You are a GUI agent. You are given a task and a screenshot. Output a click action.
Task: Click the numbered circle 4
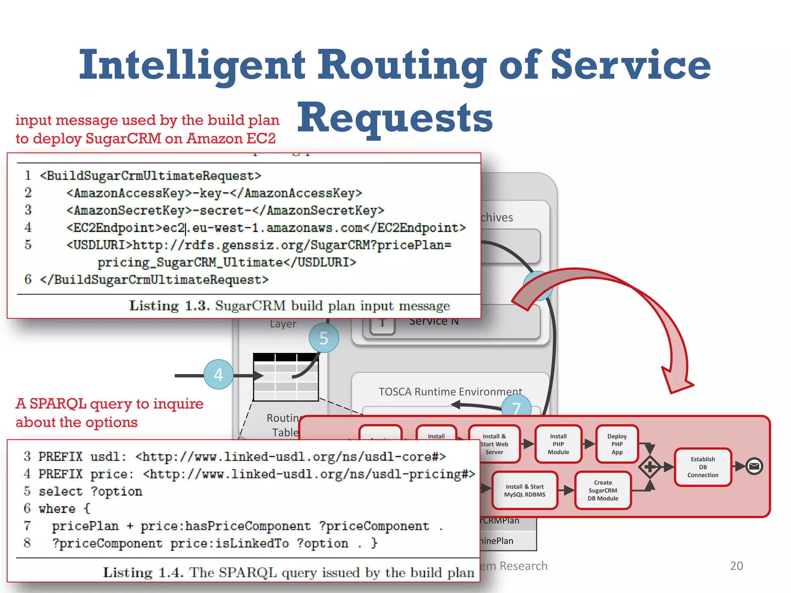(218, 374)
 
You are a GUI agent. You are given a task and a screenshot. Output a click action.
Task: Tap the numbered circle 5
(324, 338)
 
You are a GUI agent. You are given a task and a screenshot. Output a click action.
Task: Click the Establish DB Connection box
(703, 467)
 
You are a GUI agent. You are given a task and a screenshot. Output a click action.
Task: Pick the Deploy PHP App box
(617, 444)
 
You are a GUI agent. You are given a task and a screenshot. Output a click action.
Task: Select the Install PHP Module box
(558, 444)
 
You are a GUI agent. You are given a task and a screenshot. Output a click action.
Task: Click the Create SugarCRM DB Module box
(603, 490)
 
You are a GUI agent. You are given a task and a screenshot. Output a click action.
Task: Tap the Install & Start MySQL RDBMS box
(525, 490)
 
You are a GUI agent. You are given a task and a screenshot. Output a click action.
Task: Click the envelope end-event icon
(754, 466)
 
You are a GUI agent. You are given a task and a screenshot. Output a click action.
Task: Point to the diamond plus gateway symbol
(650, 467)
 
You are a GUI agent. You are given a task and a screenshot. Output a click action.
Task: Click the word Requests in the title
(395, 118)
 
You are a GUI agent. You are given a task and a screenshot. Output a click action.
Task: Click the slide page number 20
(736, 566)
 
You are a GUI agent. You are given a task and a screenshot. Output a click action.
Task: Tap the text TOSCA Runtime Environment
(450, 391)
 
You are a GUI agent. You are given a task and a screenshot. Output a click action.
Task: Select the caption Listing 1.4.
(143, 572)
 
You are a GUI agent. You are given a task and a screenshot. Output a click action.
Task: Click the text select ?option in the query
(90, 491)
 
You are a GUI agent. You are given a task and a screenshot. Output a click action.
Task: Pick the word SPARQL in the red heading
(58, 404)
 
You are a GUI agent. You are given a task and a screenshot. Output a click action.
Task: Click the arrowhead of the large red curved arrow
(676, 382)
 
